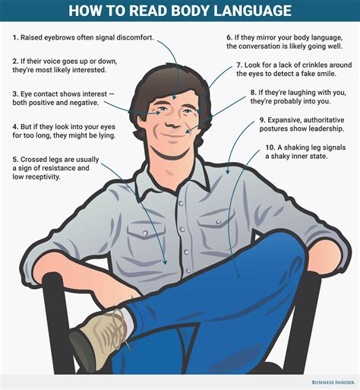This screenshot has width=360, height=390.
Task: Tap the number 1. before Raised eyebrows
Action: coord(15,36)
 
